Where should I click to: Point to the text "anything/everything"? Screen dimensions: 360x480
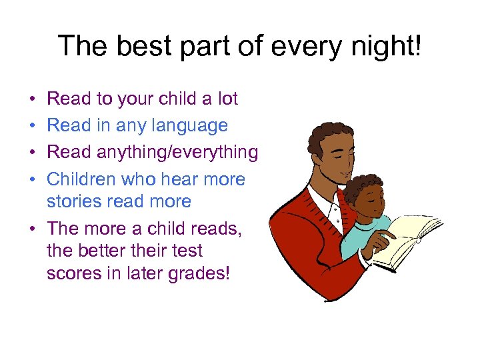click(177, 153)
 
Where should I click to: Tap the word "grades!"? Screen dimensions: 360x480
click(198, 273)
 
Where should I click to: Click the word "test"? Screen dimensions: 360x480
click(187, 251)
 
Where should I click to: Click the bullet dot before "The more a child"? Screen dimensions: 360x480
click(33, 229)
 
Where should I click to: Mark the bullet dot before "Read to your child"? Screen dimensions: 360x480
click(33, 100)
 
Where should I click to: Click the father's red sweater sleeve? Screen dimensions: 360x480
click(300, 253)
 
